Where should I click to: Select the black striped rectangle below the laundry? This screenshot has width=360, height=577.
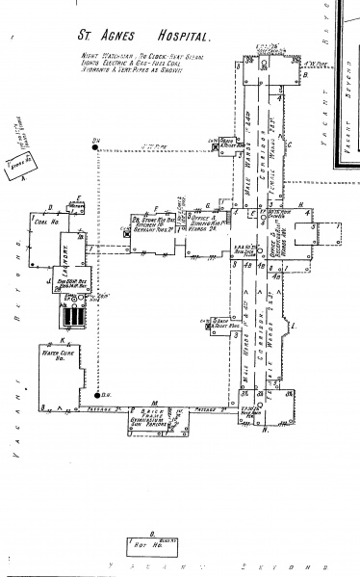coord(70,316)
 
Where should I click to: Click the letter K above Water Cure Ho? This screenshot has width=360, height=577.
coord(62,340)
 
